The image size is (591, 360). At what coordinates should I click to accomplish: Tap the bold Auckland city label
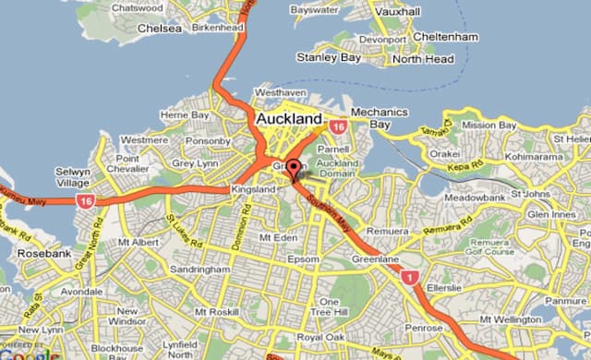click(288, 120)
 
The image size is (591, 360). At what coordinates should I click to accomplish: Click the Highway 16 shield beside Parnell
click(338, 126)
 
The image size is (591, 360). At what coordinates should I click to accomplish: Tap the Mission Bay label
click(488, 125)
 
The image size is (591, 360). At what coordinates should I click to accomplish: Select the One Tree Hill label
click(329, 308)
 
